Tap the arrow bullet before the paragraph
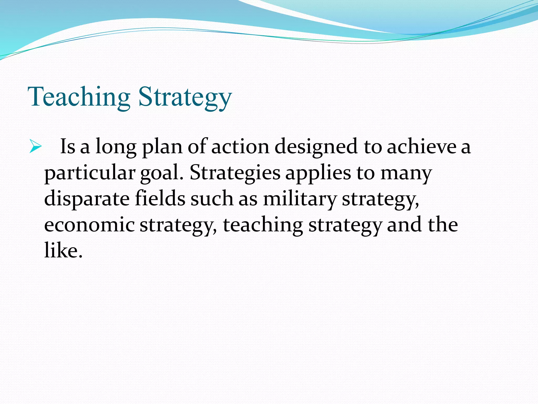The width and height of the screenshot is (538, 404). coord(35,146)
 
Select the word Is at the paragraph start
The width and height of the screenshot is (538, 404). coord(68,147)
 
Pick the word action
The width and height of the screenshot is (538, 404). coord(240,147)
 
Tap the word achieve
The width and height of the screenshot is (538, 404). coord(421,147)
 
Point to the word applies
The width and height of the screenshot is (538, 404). coord(318,174)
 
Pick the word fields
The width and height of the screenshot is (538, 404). coord(160,198)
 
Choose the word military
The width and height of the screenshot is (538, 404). coord(299,199)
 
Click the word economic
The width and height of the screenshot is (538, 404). coord(89,225)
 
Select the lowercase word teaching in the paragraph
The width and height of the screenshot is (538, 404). coord(263,225)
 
